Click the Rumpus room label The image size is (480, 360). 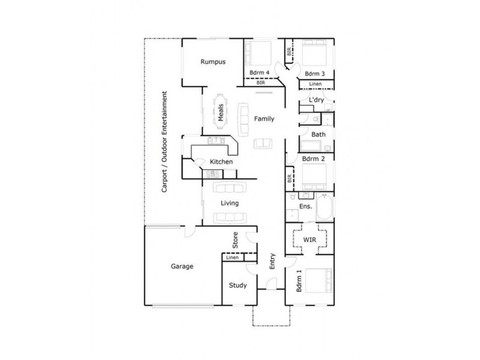tap(213, 61)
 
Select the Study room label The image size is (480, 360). tap(238, 285)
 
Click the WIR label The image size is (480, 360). tap(309, 239)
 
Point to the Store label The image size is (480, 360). tap(236, 241)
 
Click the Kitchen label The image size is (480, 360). tap(221, 162)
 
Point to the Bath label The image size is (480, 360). tap(318, 134)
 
